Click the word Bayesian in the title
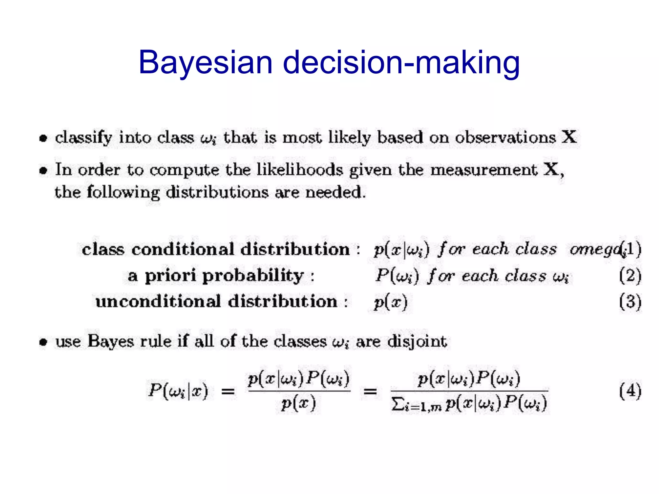[x=205, y=63]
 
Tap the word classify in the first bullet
[x=83, y=138]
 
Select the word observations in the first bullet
[x=505, y=137]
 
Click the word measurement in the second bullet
[x=484, y=170]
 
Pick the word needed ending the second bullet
[x=335, y=193]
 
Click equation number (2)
[x=630, y=276]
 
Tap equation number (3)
[x=630, y=302]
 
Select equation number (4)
[x=630, y=391]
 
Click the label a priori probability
[x=221, y=276]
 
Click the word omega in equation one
[x=595, y=250]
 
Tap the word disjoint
[x=417, y=342]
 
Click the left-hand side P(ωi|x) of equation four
[x=178, y=391]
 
